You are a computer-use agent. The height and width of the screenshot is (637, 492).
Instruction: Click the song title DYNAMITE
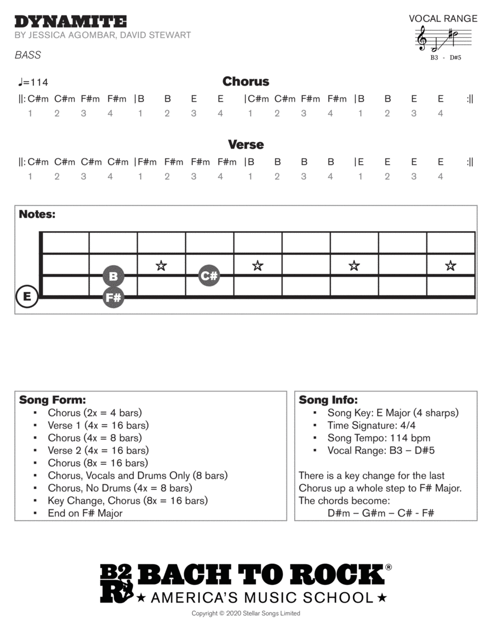[71, 22]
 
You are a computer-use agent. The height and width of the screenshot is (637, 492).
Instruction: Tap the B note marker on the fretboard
[113, 276]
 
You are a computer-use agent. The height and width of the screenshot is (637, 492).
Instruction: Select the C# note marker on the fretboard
[209, 276]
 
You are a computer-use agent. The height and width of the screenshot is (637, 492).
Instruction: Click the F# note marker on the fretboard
[113, 298]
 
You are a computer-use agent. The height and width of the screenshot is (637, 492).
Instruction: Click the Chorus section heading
[245, 81]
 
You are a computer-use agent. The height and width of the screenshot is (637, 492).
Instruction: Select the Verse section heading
[245, 145]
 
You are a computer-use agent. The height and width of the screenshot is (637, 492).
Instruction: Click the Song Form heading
[52, 400]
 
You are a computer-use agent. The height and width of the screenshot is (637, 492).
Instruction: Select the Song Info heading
[328, 400]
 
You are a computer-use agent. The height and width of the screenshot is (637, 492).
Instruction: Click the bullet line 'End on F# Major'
[85, 513]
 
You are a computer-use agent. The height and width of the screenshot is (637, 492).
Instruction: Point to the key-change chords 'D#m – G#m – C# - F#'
[380, 513]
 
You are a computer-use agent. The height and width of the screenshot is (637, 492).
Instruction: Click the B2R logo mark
[116, 584]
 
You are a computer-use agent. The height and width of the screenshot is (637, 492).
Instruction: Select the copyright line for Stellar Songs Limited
[245, 613]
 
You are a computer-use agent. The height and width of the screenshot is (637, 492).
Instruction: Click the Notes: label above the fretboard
[37, 214]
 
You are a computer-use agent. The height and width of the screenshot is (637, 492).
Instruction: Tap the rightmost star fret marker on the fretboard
[450, 266]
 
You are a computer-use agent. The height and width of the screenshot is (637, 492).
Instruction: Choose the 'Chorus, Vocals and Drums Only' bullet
[137, 475]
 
